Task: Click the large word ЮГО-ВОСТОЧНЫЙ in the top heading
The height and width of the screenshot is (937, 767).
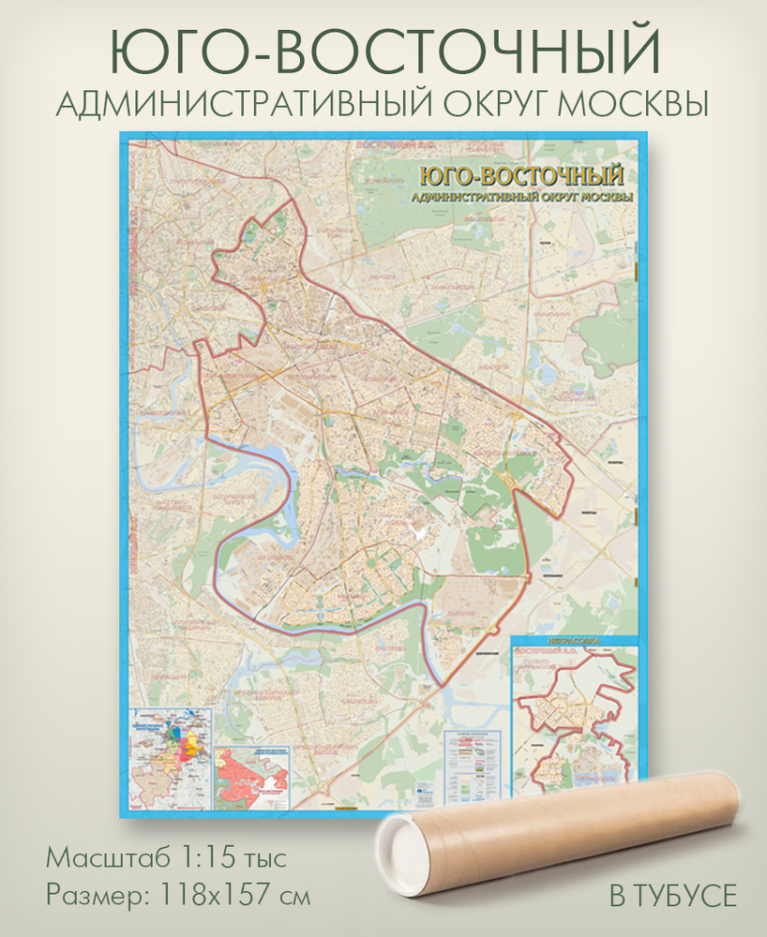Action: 383,50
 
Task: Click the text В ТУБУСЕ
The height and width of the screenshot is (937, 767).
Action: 672,896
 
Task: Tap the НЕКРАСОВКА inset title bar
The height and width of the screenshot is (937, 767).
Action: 574,641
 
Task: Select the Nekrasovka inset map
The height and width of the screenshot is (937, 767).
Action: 574,721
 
